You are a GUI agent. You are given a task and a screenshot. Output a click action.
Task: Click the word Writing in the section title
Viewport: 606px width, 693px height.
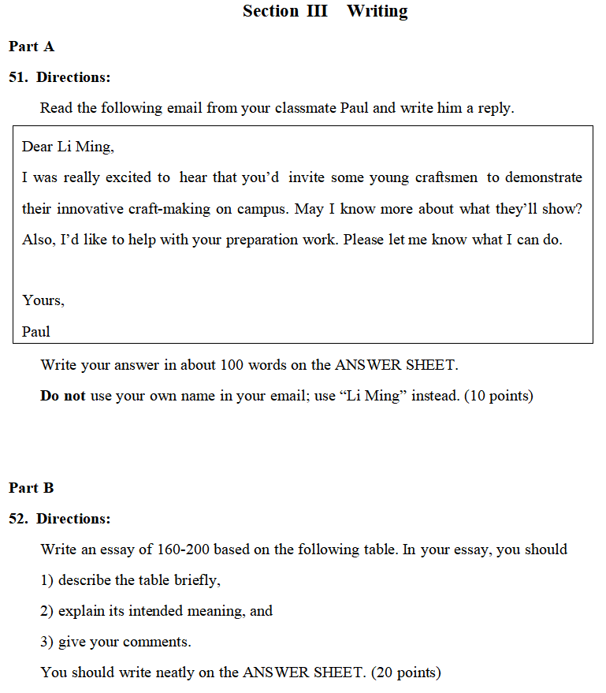point(377,11)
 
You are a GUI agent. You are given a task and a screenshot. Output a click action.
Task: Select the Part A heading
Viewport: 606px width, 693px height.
point(32,47)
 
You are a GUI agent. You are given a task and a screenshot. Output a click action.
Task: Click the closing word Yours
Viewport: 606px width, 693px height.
point(43,300)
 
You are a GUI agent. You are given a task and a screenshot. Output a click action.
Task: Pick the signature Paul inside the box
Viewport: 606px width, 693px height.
point(35,331)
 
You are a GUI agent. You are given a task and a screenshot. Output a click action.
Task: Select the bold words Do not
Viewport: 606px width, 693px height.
point(62,396)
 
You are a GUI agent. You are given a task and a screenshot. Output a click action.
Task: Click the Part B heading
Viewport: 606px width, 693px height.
point(32,488)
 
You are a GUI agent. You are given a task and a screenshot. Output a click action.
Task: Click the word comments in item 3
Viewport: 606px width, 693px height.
point(160,642)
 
